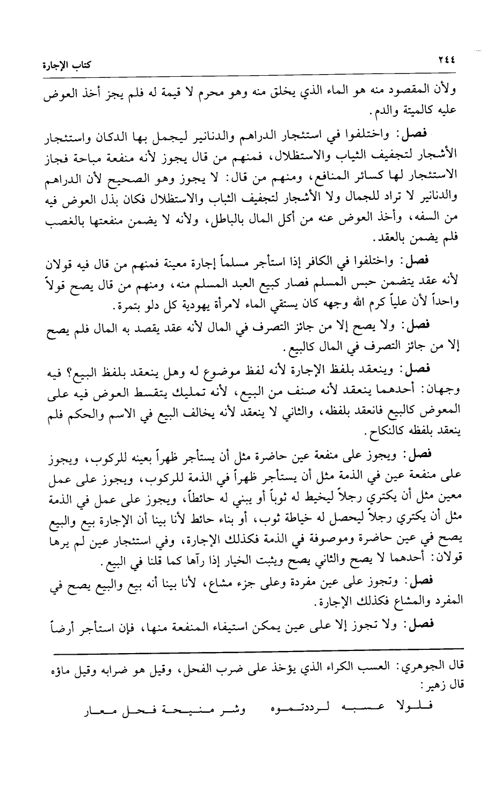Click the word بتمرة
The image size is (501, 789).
pyautogui.click(x=89, y=306)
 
